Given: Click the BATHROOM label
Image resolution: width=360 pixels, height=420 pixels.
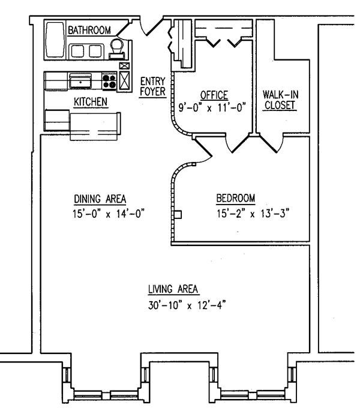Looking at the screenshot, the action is (88, 29).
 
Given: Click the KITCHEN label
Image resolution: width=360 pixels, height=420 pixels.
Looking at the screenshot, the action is (90, 103).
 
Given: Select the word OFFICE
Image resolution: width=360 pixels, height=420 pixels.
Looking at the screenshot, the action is (214, 94).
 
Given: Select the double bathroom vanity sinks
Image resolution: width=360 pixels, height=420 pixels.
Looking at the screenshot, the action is (86, 50).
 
